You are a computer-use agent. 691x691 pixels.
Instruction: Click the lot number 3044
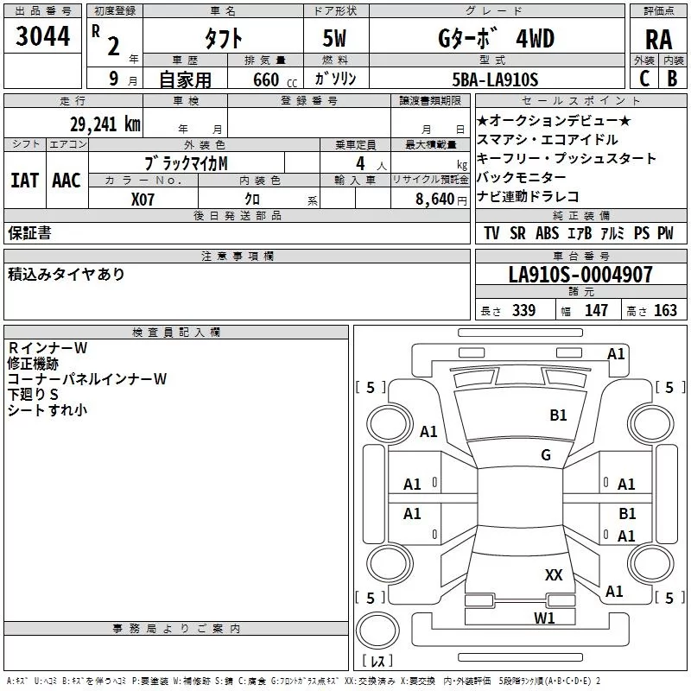coord(42,36)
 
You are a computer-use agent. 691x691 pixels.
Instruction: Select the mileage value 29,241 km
coord(105,124)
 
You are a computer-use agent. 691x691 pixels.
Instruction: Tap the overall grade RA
coord(658,40)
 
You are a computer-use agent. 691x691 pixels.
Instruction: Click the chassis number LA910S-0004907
coord(580,274)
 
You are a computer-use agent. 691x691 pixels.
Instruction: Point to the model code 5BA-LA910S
coord(495,79)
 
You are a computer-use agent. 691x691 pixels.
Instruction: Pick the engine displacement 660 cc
coord(275,79)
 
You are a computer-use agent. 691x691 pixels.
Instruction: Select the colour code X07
coord(143,200)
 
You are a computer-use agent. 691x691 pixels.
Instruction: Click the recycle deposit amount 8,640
coord(435,199)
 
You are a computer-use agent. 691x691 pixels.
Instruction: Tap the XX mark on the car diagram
coord(554,574)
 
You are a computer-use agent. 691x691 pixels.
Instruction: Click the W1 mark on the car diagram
coord(544,618)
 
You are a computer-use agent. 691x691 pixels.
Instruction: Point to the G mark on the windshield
coord(546,454)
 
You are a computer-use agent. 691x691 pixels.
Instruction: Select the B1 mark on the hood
coord(558,415)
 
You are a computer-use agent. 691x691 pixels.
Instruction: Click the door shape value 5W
coord(334,38)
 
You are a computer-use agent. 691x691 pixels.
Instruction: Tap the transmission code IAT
coord(24,181)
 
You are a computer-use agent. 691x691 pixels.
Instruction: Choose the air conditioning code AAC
coord(67,181)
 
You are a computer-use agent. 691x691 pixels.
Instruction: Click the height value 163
coord(665,310)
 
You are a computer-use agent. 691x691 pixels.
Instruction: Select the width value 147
coord(596,310)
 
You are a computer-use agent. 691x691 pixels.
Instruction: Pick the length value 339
coord(524,310)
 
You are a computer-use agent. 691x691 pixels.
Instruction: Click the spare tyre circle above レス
coord(377,630)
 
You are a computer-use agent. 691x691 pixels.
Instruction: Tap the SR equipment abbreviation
coord(517,233)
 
